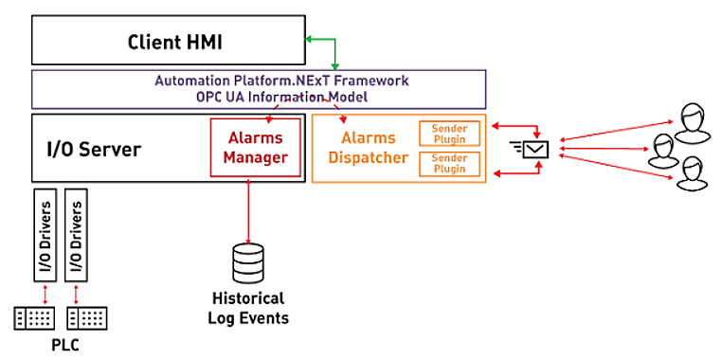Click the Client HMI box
click(168, 43)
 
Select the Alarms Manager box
click(255, 148)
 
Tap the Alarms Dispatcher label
click(361, 148)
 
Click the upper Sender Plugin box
click(449, 133)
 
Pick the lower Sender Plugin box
click(449, 163)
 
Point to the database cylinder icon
click(249, 261)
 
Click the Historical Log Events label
click(248, 308)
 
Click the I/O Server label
click(95, 149)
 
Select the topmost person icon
click(689, 118)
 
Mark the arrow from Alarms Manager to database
click(249, 208)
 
